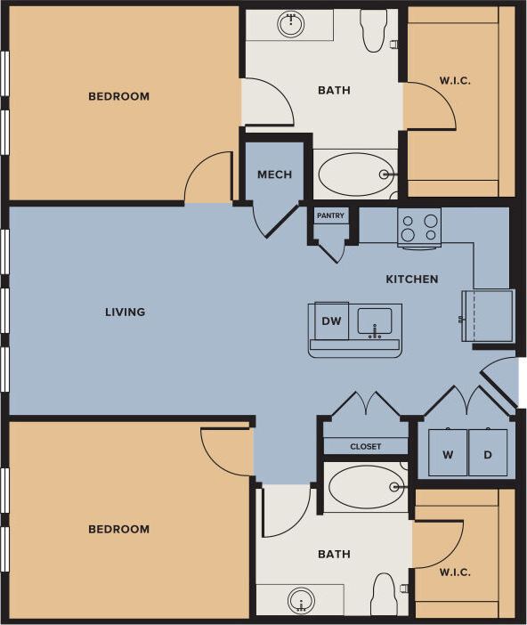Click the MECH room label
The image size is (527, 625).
pos(274,175)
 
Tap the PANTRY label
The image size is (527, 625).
pos(330,215)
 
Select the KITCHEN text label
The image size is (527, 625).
pos(411,280)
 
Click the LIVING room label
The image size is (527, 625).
pos(125,312)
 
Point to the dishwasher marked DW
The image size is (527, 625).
pos(331,321)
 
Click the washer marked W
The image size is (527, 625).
pos(448,454)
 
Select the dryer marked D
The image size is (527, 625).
pos(488,454)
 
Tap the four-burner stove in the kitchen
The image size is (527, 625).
pos(418,226)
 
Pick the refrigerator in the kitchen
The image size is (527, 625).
pos(487,315)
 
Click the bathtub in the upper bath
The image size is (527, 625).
pos(355,175)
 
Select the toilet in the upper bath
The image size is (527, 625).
pos(373,31)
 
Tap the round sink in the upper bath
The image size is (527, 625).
pos(291,24)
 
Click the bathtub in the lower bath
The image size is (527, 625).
pos(365,487)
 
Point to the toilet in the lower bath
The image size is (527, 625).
pos(383,594)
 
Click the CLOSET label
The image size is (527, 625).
pos(365,447)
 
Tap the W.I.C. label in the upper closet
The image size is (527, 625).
pos(455,81)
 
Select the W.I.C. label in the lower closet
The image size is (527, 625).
pos(455,572)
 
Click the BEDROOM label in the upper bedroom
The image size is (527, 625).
pos(118,96)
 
